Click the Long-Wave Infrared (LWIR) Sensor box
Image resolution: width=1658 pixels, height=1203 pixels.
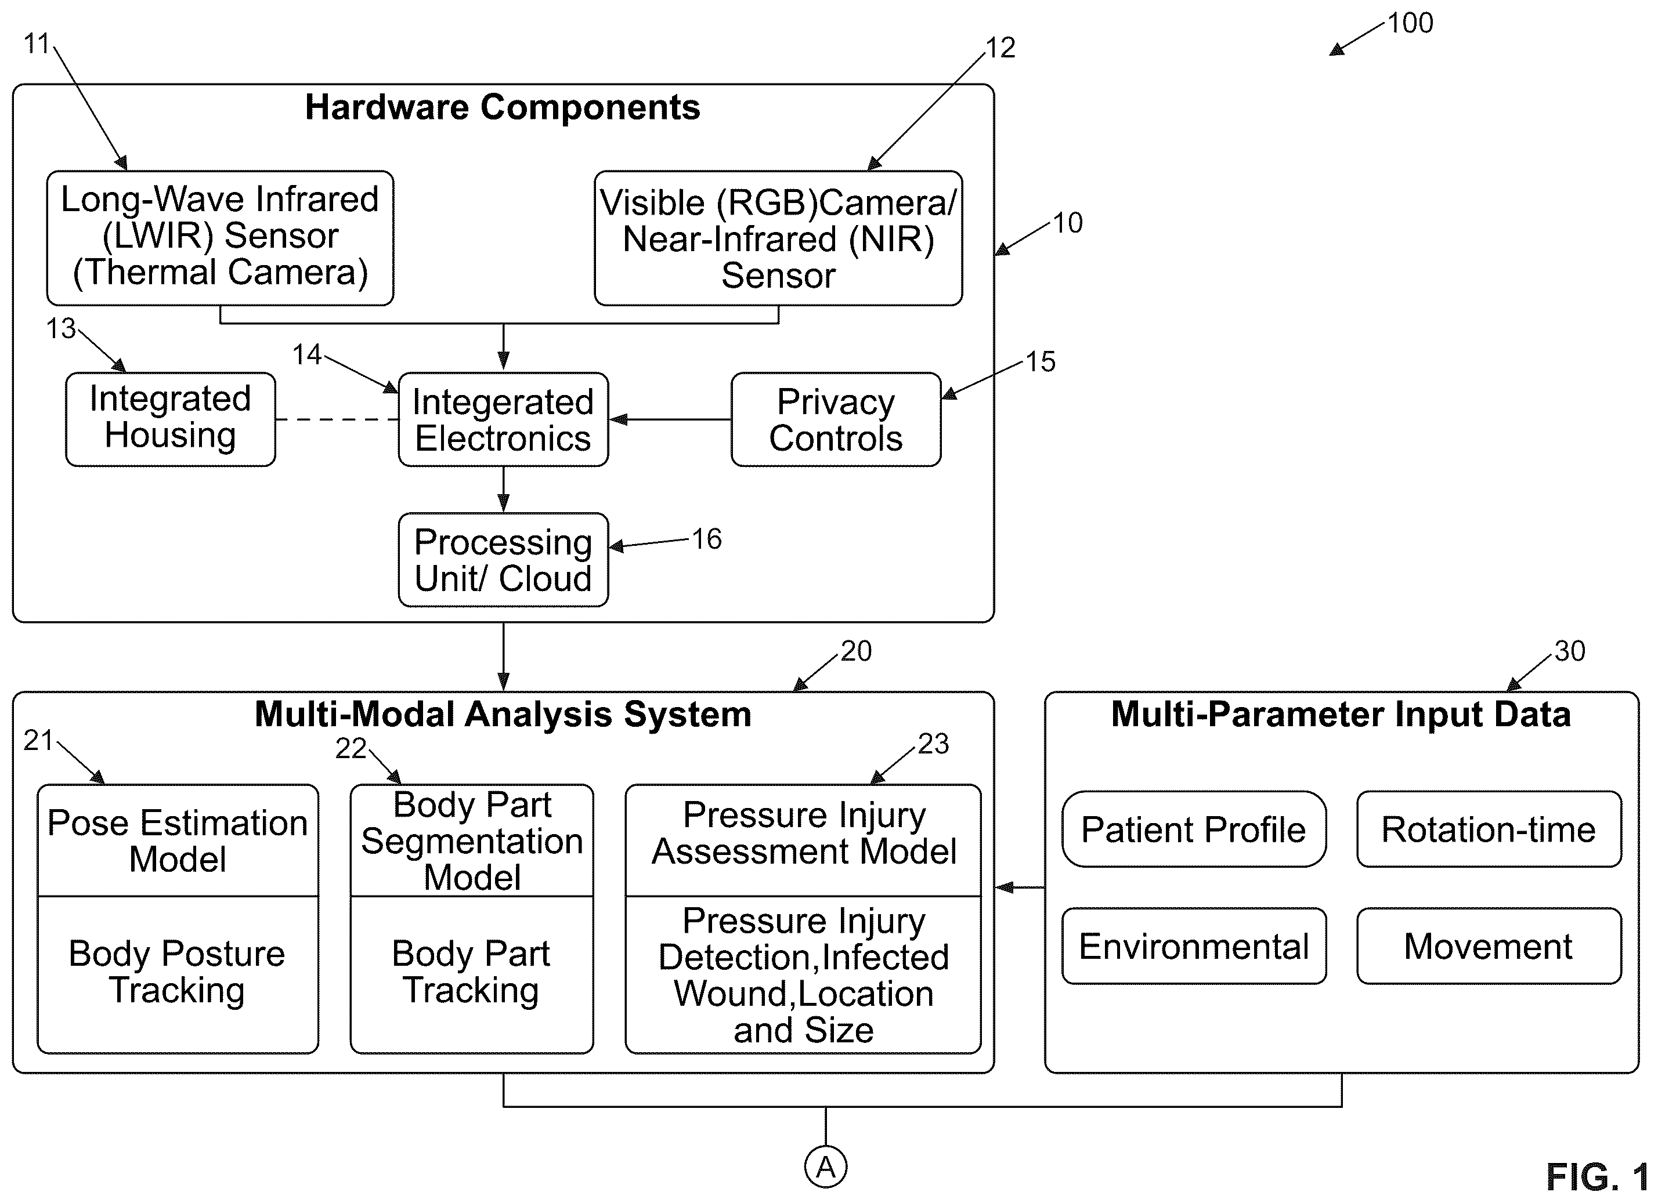coord(220,238)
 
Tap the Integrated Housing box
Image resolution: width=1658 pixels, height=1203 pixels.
coord(171,419)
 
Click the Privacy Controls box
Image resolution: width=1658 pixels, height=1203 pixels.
coord(836,419)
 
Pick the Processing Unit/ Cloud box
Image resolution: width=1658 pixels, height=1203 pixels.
coord(504,560)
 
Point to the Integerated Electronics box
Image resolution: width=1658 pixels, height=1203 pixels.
coord(504,419)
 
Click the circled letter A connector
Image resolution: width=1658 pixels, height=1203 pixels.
coord(826,1167)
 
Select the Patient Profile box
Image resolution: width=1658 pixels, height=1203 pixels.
coord(1194,829)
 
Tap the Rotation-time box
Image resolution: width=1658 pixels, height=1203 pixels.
coord(1489,829)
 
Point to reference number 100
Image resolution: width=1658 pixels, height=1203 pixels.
coord(1410,23)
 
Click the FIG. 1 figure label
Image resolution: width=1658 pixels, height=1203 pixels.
coord(1597,1177)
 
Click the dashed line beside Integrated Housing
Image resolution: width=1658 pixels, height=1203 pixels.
coord(337,419)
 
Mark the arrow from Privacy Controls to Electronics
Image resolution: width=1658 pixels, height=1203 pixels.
coord(670,419)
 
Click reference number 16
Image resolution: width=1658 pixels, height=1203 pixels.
coord(707,539)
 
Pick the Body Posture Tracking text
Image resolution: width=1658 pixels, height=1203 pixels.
coord(177,972)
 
